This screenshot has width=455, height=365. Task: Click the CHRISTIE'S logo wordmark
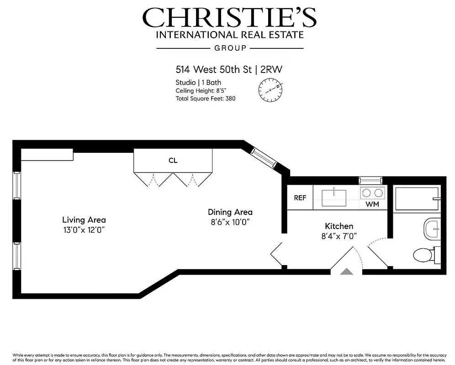[229, 18]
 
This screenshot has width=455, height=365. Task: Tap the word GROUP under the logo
[230, 48]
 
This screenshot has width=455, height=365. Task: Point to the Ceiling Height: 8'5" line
[204, 91]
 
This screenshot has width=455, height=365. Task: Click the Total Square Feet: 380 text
[205, 99]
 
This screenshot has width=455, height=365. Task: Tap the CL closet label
[173, 161]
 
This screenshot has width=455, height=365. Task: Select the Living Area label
[84, 220]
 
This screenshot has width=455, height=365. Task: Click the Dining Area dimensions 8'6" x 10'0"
[230, 222]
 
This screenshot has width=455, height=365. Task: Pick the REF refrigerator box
[300, 198]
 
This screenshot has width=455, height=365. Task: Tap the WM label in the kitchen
[372, 204]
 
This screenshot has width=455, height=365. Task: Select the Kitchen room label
[339, 226]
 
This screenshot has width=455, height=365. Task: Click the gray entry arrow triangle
[347, 271]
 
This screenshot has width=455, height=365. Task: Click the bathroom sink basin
[432, 228]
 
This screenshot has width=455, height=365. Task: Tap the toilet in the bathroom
[425, 255]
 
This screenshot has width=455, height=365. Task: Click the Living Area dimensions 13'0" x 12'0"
[84, 230]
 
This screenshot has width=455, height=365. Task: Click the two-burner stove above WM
[372, 192]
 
